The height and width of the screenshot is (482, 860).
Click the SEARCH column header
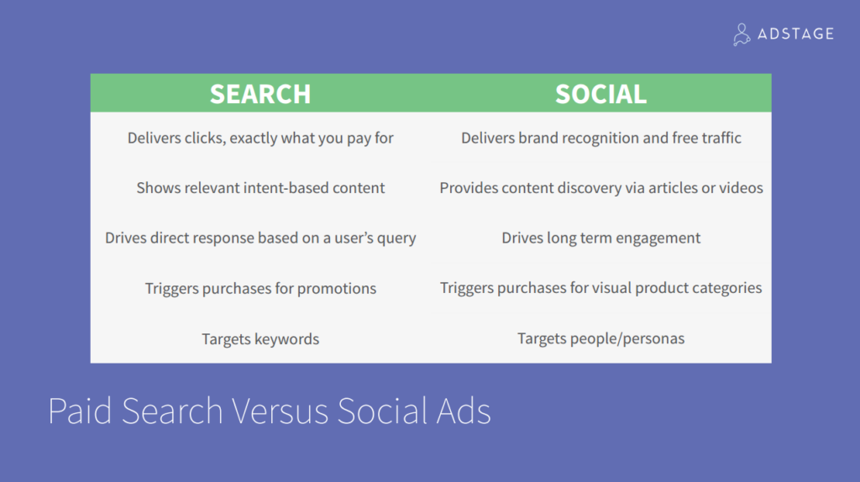pos(260,94)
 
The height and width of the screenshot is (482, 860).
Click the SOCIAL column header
pos(600,94)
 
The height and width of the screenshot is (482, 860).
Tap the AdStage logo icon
pos(742,34)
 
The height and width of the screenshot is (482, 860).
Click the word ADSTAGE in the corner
pos(795,34)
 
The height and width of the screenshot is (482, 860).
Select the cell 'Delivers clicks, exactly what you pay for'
pos(260,139)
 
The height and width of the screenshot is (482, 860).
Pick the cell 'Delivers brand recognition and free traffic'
pos(601,138)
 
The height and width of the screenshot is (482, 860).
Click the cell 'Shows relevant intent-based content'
pos(260,188)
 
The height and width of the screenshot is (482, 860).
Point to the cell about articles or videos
pos(601,188)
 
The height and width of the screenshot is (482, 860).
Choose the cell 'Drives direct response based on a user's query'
pos(260,238)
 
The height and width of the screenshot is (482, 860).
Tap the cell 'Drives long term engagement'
pos(601,238)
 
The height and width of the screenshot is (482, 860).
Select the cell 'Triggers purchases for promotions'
pos(260,288)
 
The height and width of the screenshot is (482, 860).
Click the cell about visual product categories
pos(601,288)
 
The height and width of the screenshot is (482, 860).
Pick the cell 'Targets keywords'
pos(260,339)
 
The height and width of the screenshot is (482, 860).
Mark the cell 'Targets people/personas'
pos(601,338)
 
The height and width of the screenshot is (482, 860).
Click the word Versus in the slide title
pos(280,411)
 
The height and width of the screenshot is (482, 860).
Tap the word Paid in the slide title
pos(80,411)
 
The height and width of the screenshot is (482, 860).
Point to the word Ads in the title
pos(464,411)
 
